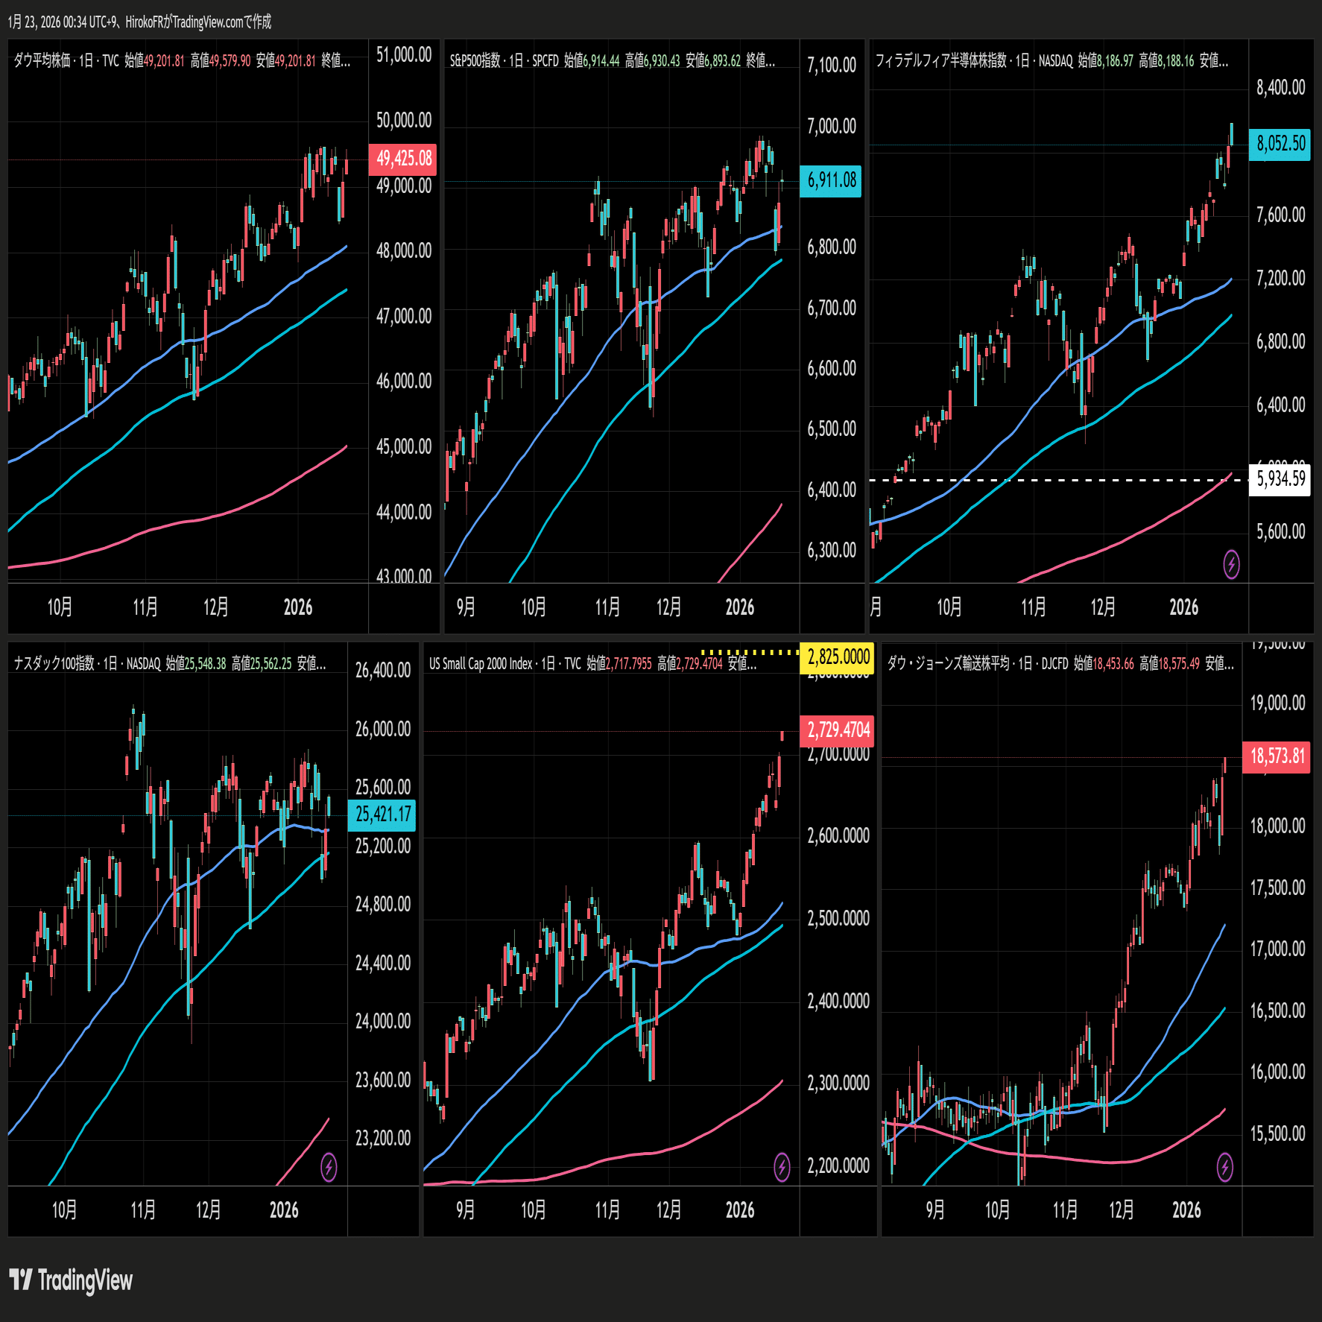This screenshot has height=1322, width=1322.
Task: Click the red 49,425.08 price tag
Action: pyautogui.click(x=403, y=159)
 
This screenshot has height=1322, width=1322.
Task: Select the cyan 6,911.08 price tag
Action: pyautogui.click(x=831, y=180)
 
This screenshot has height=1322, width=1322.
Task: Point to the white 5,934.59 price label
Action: pyautogui.click(x=1280, y=478)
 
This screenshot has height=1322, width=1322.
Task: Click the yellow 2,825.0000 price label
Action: pyautogui.click(x=838, y=657)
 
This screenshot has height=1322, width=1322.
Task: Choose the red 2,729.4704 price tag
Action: pyautogui.click(x=838, y=730)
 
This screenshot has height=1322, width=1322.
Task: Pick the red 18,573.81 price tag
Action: pyautogui.click(x=1277, y=756)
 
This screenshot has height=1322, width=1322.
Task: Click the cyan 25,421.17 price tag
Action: pyautogui.click(x=382, y=815)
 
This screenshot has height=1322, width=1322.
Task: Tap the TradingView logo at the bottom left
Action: pyautogui.click(x=72, y=1280)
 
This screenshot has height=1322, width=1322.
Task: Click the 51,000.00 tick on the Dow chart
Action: pyautogui.click(x=403, y=55)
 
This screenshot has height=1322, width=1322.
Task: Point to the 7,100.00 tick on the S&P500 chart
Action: pyautogui.click(x=831, y=66)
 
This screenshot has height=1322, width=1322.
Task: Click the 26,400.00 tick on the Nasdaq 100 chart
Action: pyautogui.click(x=382, y=671)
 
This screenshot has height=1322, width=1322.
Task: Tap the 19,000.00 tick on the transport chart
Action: pyautogui.click(x=1277, y=703)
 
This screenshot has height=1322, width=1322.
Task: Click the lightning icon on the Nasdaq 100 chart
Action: pyautogui.click(x=329, y=1167)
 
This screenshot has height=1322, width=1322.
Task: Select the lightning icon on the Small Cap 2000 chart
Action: pyautogui.click(x=782, y=1167)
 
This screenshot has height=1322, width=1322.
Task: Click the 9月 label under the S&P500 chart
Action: pyautogui.click(x=466, y=607)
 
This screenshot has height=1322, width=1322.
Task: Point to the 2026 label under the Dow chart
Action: pyautogui.click(x=298, y=607)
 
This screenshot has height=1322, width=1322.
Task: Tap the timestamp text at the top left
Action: pyautogui.click(x=139, y=22)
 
